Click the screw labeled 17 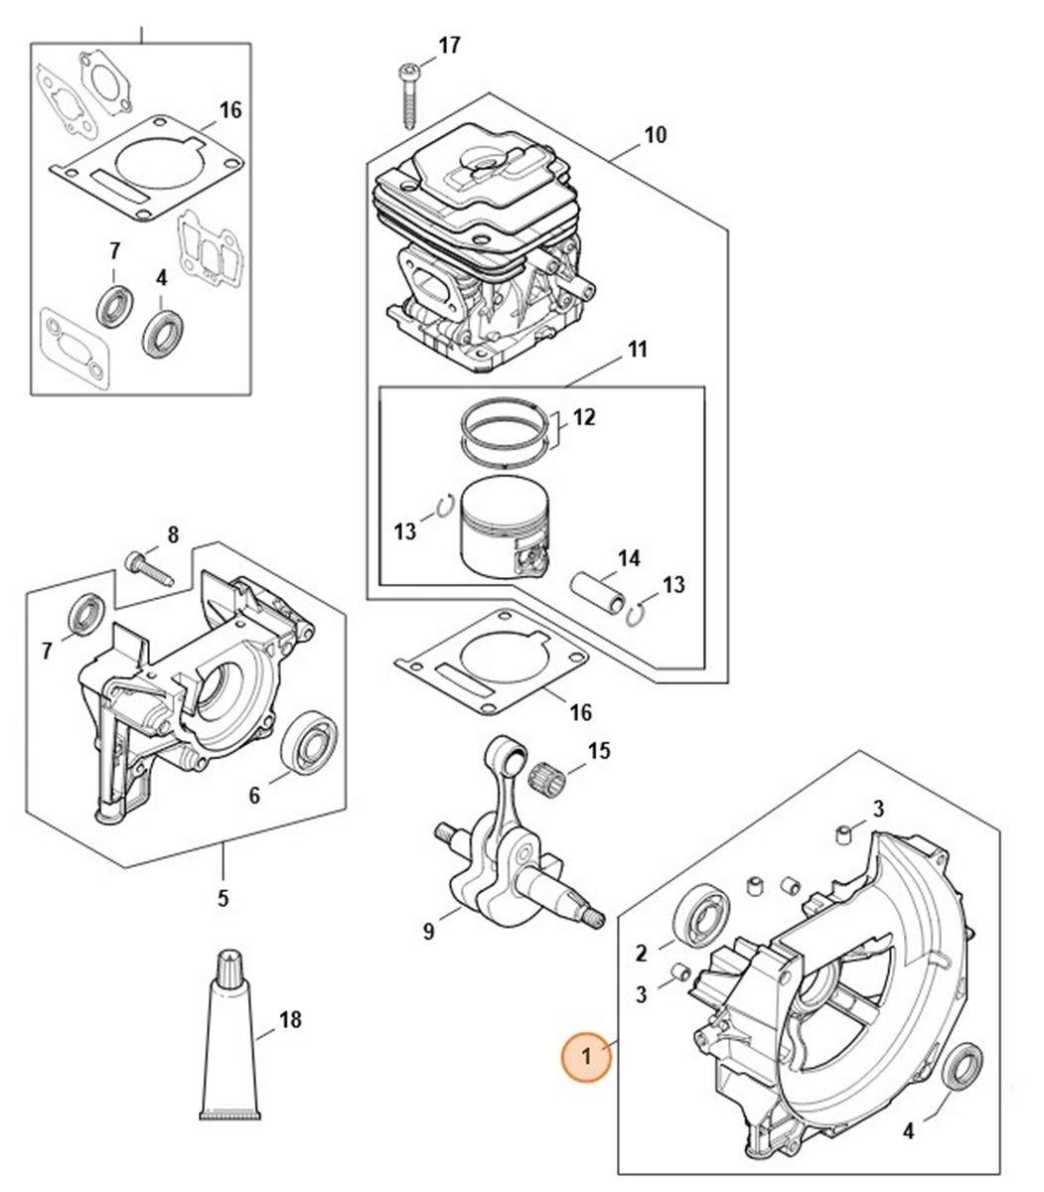pos(409,93)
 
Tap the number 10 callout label pos(656,134)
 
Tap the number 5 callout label pos(223,899)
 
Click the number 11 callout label pos(637,350)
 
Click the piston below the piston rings pos(504,524)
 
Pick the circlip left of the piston pos(446,509)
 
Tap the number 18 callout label pos(290,1020)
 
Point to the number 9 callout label pos(429,932)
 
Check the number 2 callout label pos(641,954)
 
